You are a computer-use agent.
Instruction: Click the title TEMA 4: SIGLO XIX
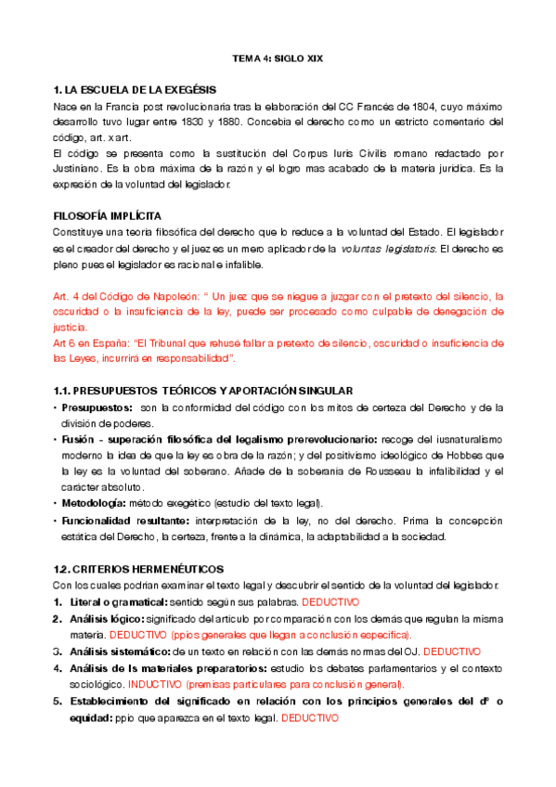tap(277, 59)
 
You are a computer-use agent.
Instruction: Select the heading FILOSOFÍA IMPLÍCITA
tap(108, 214)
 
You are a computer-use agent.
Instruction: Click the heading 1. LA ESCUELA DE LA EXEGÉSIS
tap(135, 90)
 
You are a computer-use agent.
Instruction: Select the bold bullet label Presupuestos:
tap(97, 406)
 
